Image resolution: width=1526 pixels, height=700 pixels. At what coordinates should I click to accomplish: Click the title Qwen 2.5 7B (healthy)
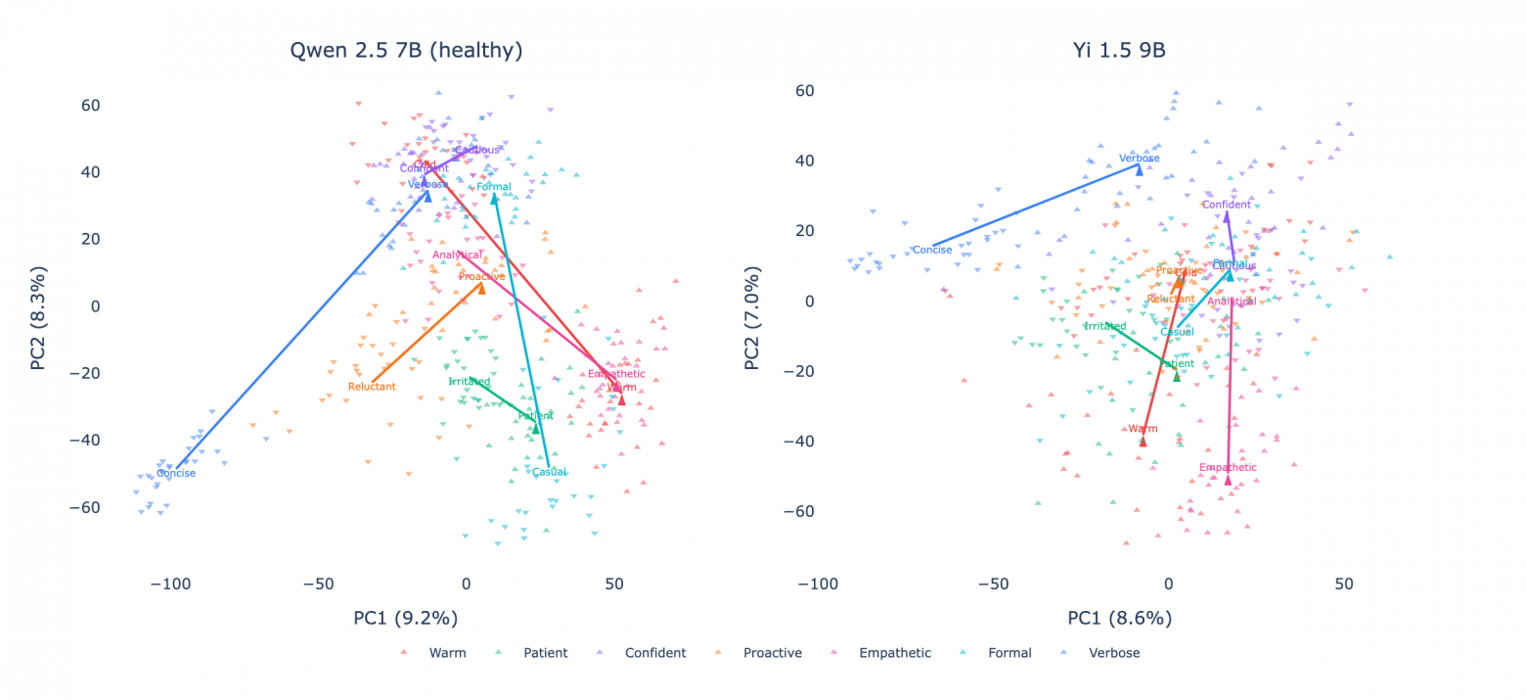pyautogui.click(x=406, y=51)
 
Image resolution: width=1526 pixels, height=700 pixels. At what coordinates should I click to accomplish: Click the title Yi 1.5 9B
pyautogui.click(x=1119, y=51)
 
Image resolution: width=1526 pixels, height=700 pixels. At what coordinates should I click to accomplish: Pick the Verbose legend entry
pyautogui.click(x=1114, y=653)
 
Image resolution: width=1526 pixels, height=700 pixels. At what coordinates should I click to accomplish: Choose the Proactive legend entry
pyautogui.click(x=772, y=653)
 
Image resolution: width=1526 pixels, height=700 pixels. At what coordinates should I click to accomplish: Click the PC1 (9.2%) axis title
pyautogui.click(x=406, y=618)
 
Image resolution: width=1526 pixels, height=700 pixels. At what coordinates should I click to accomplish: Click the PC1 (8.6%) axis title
pyautogui.click(x=1119, y=618)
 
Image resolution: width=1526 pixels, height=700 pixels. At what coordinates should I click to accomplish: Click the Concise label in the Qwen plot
pyautogui.click(x=176, y=474)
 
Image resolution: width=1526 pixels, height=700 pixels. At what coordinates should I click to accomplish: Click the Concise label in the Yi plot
pyautogui.click(x=932, y=250)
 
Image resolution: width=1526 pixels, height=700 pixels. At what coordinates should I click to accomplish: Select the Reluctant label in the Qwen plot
pyautogui.click(x=372, y=387)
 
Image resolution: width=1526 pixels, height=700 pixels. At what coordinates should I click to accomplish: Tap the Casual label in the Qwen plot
pyautogui.click(x=549, y=473)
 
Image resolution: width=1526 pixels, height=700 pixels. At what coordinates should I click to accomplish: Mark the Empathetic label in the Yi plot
pyautogui.click(x=1228, y=468)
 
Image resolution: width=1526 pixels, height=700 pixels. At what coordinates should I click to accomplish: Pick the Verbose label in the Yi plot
pyautogui.click(x=1140, y=159)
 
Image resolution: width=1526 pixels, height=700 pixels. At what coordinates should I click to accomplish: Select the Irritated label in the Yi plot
pyautogui.click(x=1105, y=326)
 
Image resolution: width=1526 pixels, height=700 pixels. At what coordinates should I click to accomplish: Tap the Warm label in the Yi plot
pyautogui.click(x=1143, y=429)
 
